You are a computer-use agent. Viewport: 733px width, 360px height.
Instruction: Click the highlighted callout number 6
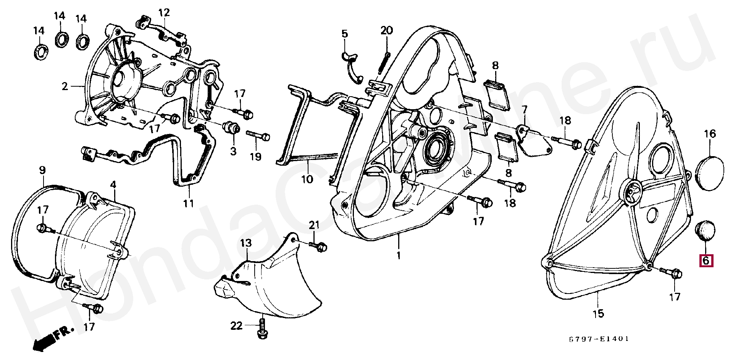(x=706, y=261)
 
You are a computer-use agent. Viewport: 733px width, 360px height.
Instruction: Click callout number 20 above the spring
(x=386, y=31)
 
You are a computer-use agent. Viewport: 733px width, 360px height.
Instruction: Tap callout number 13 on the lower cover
(x=246, y=243)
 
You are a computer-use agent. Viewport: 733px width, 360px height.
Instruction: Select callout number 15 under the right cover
(x=598, y=314)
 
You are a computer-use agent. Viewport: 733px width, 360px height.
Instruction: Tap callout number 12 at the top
(x=164, y=13)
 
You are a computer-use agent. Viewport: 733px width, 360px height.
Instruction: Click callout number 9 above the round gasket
(x=42, y=170)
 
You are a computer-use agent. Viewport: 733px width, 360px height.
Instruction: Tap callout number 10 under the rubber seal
(x=307, y=179)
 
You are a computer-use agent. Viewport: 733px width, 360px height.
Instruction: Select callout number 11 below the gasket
(x=188, y=203)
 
